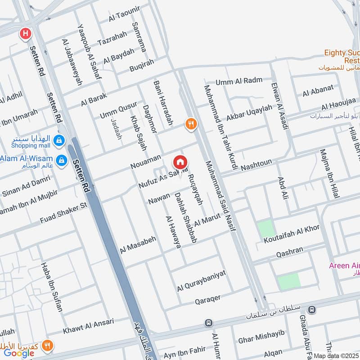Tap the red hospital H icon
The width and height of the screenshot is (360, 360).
(x=25, y=33)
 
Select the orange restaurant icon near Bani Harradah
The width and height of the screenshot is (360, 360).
(x=191, y=124)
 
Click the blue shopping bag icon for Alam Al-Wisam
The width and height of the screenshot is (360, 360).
(x=62, y=160)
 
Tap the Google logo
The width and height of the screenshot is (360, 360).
(x=19, y=353)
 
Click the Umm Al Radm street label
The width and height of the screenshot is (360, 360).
(x=238, y=81)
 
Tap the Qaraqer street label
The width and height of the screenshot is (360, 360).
(x=207, y=299)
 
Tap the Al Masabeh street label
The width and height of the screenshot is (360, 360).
(x=138, y=245)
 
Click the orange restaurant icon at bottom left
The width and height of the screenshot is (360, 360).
(x=47, y=346)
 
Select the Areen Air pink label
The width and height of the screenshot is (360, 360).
(x=344, y=265)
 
